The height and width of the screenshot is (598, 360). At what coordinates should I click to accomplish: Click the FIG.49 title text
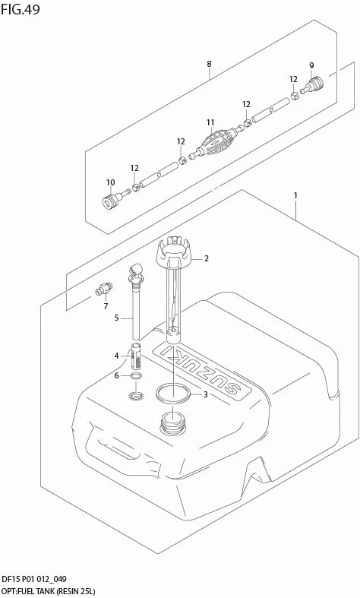[x=21, y=9]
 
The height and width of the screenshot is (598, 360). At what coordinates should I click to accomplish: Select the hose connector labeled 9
[x=312, y=85]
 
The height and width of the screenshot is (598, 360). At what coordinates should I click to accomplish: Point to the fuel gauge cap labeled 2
[x=174, y=255]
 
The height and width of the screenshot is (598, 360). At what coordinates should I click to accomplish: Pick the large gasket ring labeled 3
[x=172, y=394]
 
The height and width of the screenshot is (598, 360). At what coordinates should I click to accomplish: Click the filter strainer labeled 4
[x=137, y=356]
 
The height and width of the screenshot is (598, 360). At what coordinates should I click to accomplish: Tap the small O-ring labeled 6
[x=136, y=377]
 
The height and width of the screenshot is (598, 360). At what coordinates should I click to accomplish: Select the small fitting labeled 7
[x=104, y=289]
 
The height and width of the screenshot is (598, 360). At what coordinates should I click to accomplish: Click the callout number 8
[x=209, y=64]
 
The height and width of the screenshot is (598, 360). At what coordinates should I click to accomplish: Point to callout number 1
[x=295, y=195]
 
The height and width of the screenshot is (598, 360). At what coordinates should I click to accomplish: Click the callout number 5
[x=117, y=318]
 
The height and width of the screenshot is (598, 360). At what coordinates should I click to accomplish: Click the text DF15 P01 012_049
[x=34, y=580]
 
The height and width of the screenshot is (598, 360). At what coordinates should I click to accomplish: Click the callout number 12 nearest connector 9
[x=293, y=79]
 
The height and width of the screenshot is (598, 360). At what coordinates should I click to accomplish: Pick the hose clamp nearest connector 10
[x=136, y=187]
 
